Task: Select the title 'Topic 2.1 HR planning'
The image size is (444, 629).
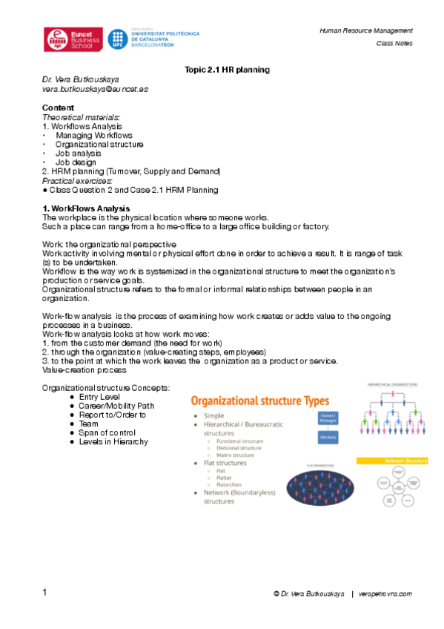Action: [226, 70]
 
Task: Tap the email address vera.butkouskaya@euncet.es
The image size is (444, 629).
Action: [95, 89]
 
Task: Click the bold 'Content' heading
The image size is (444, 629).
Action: [58, 108]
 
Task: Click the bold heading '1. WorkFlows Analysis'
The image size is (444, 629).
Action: [86, 208]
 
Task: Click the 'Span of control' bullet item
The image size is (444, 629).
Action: [107, 433]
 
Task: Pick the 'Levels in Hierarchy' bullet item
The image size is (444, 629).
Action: [113, 442]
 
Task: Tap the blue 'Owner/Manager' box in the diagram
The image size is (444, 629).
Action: [328, 418]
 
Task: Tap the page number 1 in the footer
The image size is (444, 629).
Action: [44, 593]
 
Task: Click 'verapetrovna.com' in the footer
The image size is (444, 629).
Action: [385, 594]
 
